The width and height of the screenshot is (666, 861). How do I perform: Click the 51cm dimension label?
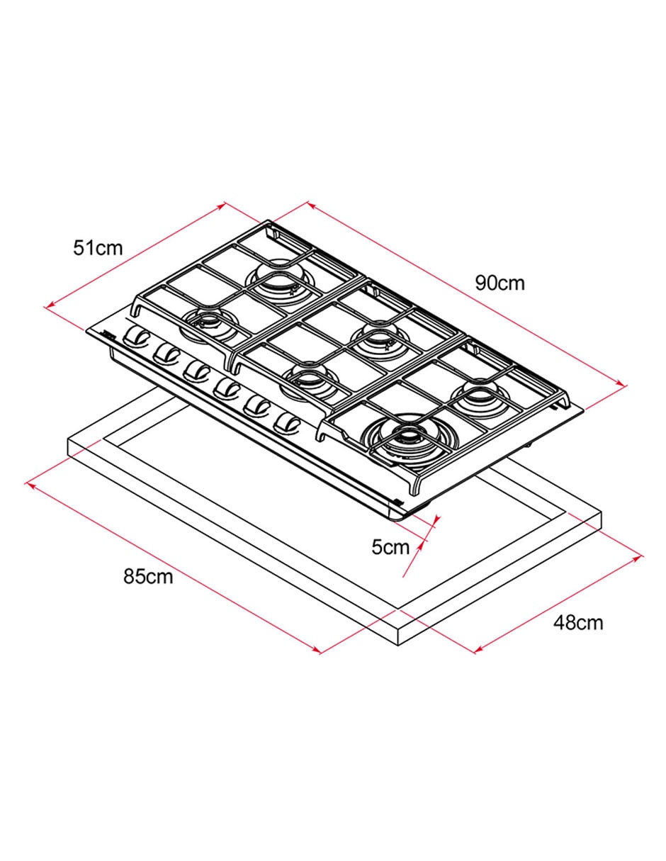pos(98,249)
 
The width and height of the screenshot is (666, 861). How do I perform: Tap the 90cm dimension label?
pos(499,283)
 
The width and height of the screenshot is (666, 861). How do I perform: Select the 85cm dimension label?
pos(148,577)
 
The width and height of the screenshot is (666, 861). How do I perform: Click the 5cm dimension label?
pos(390,547)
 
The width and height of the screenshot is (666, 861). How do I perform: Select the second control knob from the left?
pos(166,351)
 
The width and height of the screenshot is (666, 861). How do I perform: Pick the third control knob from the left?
pos(197,371)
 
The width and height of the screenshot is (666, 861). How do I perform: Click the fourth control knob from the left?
pos(227,390)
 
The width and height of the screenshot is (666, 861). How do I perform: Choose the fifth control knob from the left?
pos(257,408)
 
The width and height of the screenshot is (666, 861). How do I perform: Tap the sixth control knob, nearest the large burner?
pos(288,424)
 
